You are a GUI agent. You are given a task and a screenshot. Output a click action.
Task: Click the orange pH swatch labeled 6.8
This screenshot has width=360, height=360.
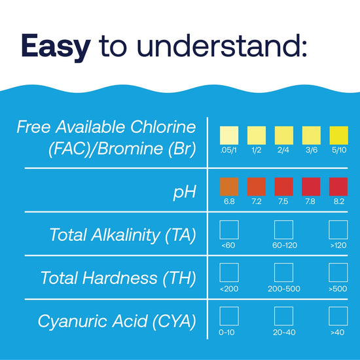click(x=230, y=187)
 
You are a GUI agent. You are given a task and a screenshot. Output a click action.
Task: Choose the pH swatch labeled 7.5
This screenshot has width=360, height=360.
click(x=283, y=187)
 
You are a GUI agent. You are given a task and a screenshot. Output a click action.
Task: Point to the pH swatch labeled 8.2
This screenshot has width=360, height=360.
click(x=338, y=187)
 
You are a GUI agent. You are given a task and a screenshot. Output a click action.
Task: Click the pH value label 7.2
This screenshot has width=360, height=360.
click(x=257, y=202)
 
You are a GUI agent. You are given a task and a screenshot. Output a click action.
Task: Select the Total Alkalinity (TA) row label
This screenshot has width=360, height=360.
click(x=122, y=234)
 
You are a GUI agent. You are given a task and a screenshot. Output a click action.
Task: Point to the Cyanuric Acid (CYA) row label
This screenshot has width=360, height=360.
click(x=117, y=321)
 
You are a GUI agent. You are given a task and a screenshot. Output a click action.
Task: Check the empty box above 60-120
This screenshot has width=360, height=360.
click(x=283, y=229)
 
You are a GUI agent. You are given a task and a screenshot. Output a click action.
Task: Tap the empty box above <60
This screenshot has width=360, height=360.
click(x=229, y=229)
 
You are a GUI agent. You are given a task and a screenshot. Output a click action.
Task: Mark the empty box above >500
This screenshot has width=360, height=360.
click(x=338, y=272)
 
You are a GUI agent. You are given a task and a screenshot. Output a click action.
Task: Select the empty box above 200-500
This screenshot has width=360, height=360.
click(x=283, y=272)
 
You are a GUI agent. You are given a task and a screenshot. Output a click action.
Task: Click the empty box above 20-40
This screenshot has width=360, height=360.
click(x=283, y=315)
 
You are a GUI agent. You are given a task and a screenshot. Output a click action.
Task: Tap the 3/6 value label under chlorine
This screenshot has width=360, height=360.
click(x=311, y=150)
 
